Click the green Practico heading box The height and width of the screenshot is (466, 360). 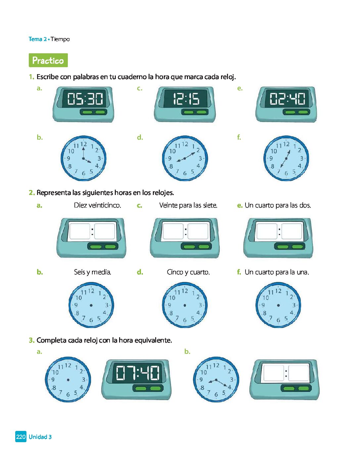[48, 60]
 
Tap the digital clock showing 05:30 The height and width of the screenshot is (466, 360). [83, 105]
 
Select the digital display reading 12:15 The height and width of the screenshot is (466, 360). [186, 99]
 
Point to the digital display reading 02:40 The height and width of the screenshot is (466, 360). [287, 99]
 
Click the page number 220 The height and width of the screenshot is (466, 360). [21, 437]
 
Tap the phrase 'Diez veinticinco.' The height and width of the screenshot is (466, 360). [98, 206]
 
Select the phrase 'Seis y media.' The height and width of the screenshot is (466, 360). [93, 272]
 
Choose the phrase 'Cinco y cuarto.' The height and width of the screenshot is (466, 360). [188, 272]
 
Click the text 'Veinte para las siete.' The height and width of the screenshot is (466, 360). [188, 206]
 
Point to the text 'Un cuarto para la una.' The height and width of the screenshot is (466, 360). [277, 272]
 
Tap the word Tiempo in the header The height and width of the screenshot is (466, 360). [60, 39]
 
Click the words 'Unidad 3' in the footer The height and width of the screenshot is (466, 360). [40, 437]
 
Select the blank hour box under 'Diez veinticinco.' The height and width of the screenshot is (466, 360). [79, 231]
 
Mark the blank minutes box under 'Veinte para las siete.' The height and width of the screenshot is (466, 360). [198, 231]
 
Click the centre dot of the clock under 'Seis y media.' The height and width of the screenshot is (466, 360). [91, 305]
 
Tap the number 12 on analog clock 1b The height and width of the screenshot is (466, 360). [84, 144]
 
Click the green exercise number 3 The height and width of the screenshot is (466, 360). [31, 340]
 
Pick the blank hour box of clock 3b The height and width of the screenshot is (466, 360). [274, 373]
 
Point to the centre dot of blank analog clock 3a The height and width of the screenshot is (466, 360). [68, 380]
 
